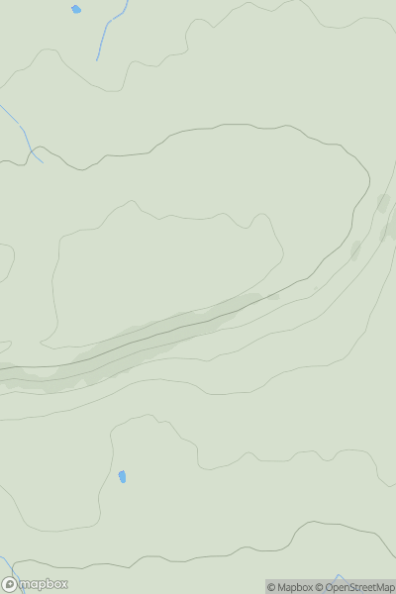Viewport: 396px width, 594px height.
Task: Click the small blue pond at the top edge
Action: click(76, 9)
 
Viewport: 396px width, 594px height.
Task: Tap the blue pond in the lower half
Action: click(123, 477)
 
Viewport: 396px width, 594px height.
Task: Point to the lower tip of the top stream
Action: click(97, 59)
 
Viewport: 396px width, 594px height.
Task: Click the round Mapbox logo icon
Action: click(9, 585)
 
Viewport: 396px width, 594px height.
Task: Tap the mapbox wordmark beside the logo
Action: click(42, 585)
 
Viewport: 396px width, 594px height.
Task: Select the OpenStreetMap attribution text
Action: click(359, 588)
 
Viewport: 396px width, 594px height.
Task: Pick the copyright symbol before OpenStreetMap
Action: click(320, 588)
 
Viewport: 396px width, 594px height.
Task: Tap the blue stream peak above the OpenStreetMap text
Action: click(339, 576)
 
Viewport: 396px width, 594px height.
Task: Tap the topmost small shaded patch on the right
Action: click(382, 203)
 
